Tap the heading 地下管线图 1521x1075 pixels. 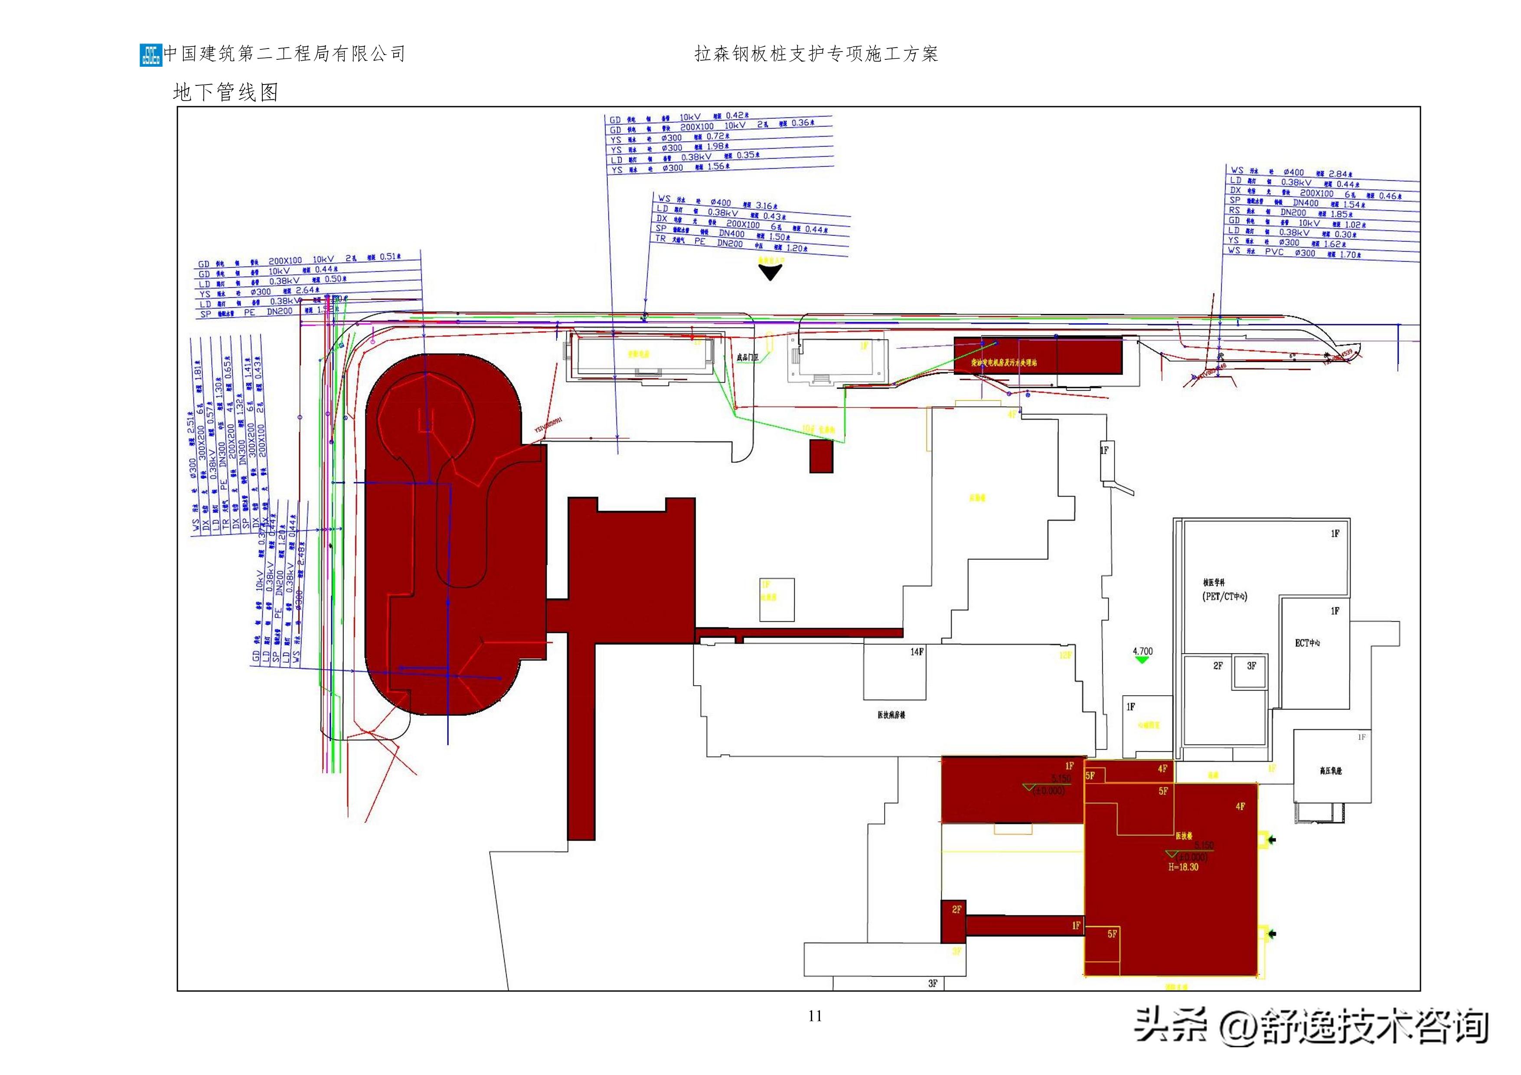225,92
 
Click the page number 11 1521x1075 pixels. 815,1016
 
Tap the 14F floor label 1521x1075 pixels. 916,652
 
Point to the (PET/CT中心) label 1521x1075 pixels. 1225,596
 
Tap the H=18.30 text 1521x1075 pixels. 1183,867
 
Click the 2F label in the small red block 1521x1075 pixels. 956,909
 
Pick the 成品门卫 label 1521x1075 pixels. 747,357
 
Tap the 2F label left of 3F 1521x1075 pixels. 1217,666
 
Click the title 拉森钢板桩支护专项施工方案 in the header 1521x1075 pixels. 816,54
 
